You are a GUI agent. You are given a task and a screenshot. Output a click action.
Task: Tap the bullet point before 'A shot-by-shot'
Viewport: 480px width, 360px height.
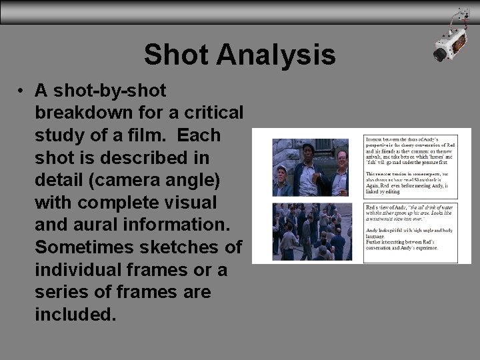pyautogui.click(x=22, y=90)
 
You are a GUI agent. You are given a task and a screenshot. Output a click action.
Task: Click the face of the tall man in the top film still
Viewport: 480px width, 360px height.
pyautogui.click(x=308, y=153)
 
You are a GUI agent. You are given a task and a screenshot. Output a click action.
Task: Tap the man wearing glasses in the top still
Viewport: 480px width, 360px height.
pyautogui.click(x=339, y=162)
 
